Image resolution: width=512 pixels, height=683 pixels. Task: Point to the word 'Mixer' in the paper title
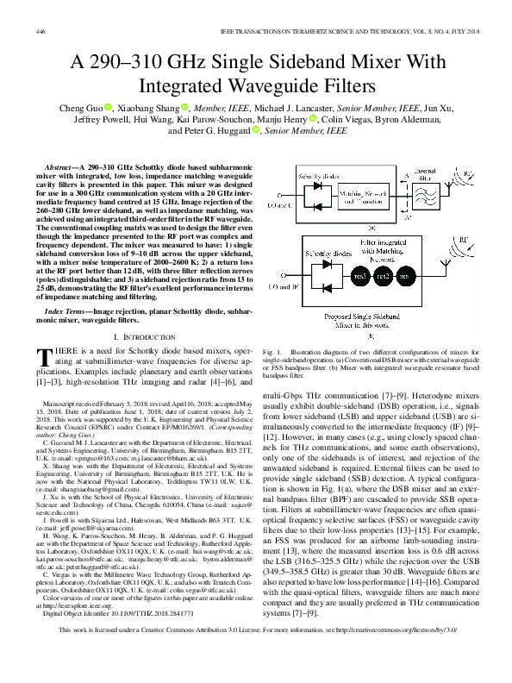[x=338, y=63]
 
